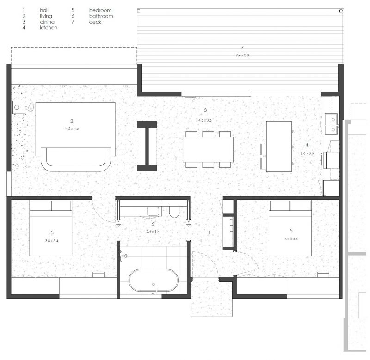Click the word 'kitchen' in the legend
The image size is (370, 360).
pyautogui.click(x=49, y=28)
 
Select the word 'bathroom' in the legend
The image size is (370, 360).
pyautogui.click(x=101, y=16)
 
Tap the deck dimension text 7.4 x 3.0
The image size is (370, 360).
pyautogui.click(x=242, y=55)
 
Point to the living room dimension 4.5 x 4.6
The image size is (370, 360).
pyautogui.click(x=72, y=129)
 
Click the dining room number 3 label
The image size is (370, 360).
pyautogui.click(x=205, y=110)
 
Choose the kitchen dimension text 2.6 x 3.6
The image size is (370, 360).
pyautogui.click(x=307, y=153)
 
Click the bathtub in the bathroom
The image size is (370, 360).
pyautogui.click(x=154, y=280)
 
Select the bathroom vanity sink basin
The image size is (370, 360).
pyautogui.click(x=153, y=211)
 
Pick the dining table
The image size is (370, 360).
pyautogui.click(x=208, y=149)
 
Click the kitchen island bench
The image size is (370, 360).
pyautogui.click(x=279, y=146)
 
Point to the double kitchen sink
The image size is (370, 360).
pyautogui.click(x=331, y=124)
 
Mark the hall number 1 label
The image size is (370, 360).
pyautogui.click(x=209, y=233)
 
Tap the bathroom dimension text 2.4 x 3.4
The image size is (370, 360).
pyautogui.click(x=153, y=232)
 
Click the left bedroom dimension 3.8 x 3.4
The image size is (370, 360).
pyautogui.click(x=52, y=241)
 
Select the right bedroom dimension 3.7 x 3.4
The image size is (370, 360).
pyautogui.click(x=291, y=239)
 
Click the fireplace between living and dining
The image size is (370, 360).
pyautogui.click(x=147, y=146)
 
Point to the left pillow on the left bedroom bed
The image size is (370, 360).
pyautogui.click(x=40, y=205)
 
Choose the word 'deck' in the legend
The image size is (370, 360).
pyautogui.click(x=95, y=22)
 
